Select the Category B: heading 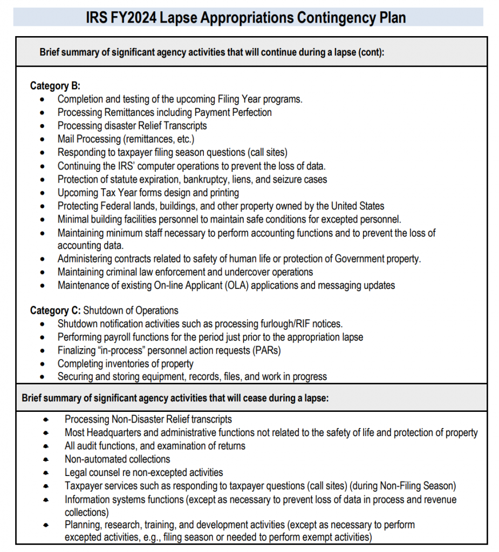click(x=55, y=86)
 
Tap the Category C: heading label click(x=55, y=310)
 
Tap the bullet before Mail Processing click(x=43, y=139)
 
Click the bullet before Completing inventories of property click(x=43, y=364)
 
